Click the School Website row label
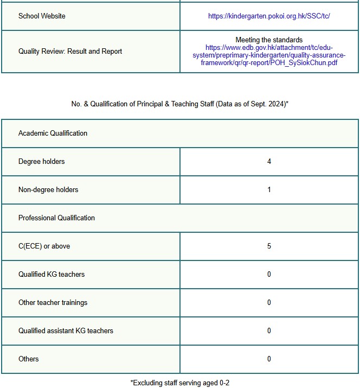click(x=42, y=16)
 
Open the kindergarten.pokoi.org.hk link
click(x=269, y=16)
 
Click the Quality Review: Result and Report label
click(x=70, y=52)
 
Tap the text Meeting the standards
click(x=269, y=40)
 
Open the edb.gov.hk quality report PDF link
click(x=269, y=55)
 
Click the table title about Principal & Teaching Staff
click(x=179, y=104)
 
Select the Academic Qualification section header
click(x=53, y=133)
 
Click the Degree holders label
click(x=42, y=162)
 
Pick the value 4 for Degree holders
click(x=269, y=162)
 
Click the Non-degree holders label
click(x=48, y=190)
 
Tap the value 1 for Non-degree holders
click(x=269, y=190)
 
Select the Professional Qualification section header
click(x=56, y=218)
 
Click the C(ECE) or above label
click(x=44, y=246)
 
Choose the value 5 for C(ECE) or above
click(x=269, y=246)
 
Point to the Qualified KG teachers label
click(x=52, y=275)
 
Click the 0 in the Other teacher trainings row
click(x=269, y=303)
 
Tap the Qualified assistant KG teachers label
click(x=66, y=331)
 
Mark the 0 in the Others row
click(x=269, y=359)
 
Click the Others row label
click(x=29, y=359)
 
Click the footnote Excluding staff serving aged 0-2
click(x=179, y=383)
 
